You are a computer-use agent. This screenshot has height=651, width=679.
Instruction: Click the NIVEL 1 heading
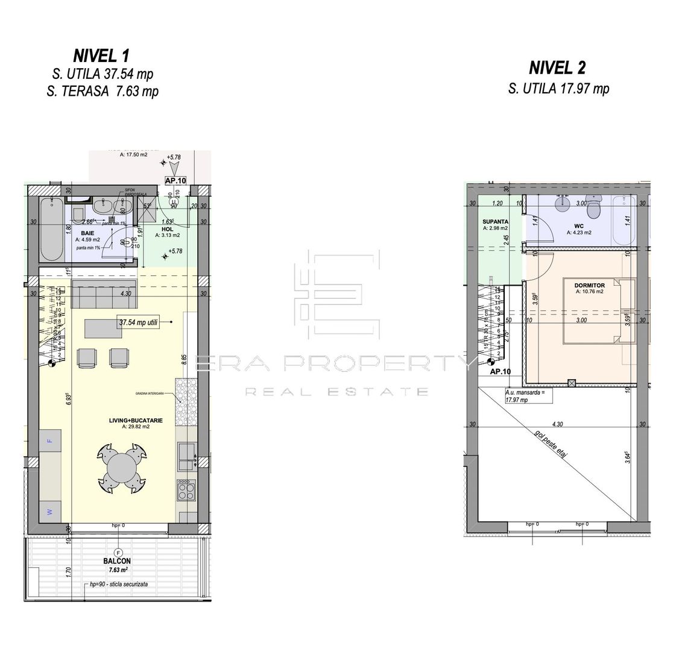(x=101, y=56)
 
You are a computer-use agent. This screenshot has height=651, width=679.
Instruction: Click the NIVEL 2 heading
(x=558, y=68)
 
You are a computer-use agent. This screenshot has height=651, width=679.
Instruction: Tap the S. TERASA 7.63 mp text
(x=101, y=92)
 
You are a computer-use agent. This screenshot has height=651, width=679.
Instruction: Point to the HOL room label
(x=159, y=228)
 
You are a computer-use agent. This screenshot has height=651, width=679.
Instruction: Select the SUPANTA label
(x=494, y=221)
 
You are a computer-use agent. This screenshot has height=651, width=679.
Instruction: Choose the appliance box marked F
(x=50, y=440)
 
